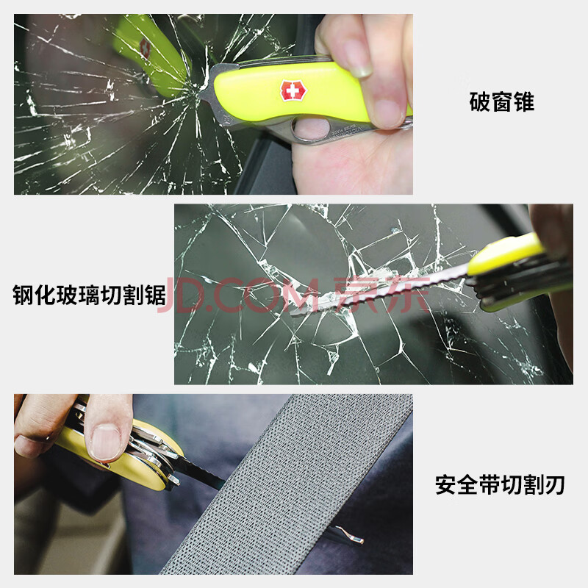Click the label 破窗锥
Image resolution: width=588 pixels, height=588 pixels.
[x=502, y=101]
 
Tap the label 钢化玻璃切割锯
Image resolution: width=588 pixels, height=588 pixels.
[x=89, y=295]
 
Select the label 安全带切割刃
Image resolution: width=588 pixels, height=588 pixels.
[x=500, y=484]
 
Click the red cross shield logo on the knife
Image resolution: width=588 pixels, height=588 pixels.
[x=293, y=90]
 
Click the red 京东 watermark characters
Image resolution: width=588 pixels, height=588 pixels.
[x=381, y=295]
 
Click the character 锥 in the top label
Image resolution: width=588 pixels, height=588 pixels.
[x=524, y=101]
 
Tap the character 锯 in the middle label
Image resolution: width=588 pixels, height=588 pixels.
[x=155, y=295]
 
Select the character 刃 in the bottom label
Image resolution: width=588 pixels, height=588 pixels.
[x=555, y=484]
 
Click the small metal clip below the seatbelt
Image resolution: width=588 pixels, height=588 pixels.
[x=348, y=535]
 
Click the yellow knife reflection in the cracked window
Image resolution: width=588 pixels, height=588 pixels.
[x=150, y=52]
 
